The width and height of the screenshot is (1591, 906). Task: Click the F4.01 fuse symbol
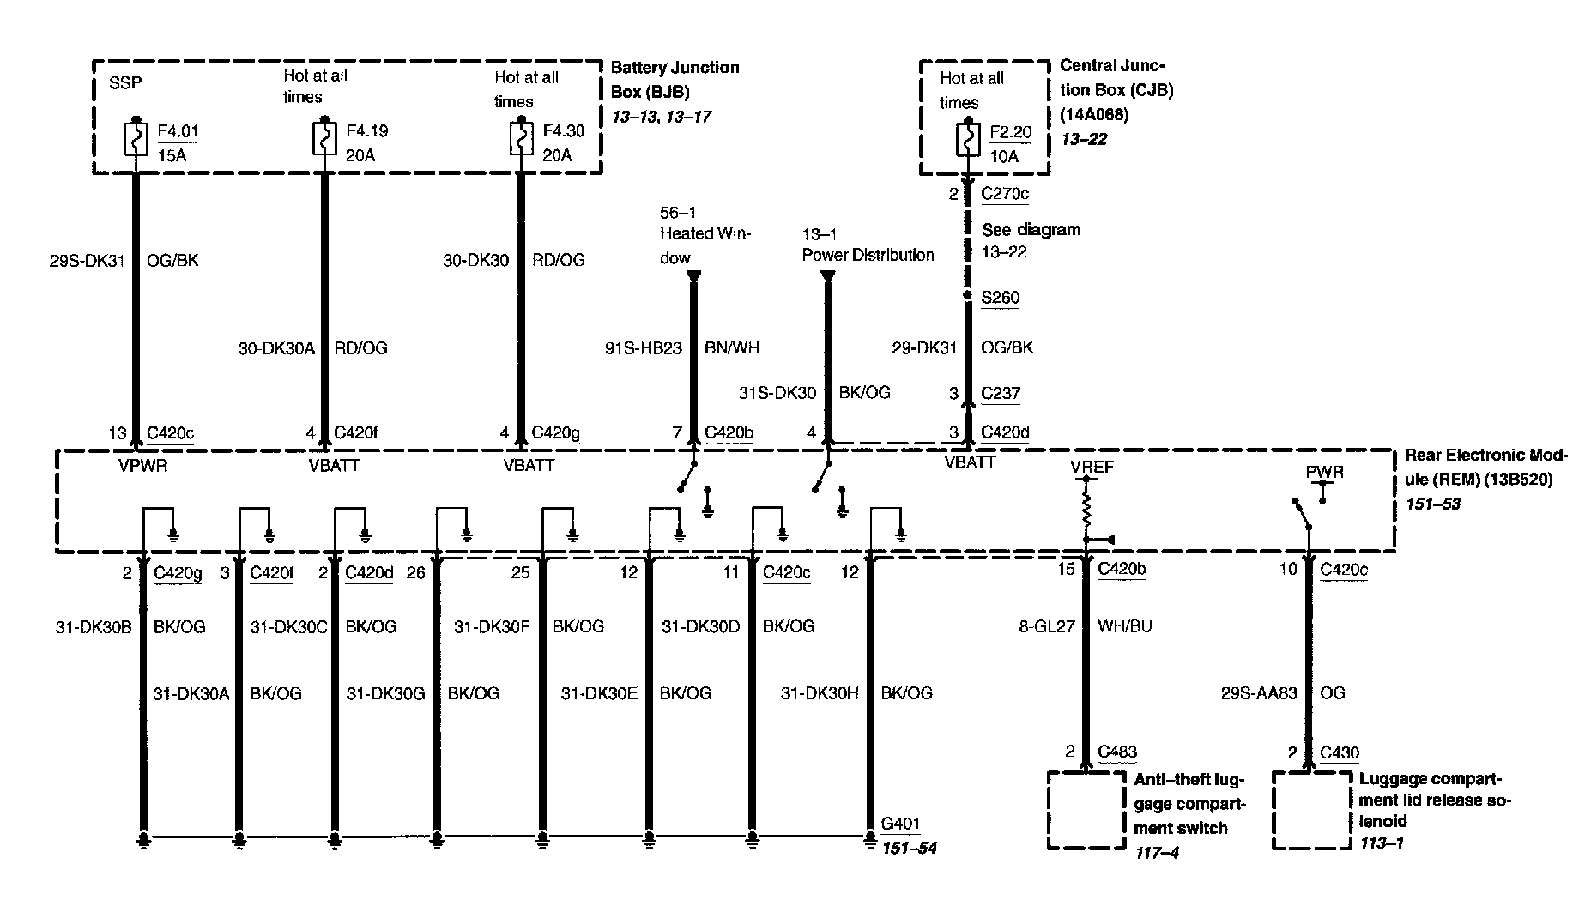coord(136,141)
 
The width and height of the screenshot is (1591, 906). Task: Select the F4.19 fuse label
coord(366,131)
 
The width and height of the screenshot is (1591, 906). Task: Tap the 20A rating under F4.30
coord(556,155)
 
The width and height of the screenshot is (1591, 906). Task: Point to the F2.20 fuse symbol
coord(968,139)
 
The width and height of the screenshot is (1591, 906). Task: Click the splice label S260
coord(1000,298)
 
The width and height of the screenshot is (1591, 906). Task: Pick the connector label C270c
coord(1004,194)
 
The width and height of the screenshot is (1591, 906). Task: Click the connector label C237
coord(1001,394)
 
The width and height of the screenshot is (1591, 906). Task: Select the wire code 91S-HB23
coord(644,348)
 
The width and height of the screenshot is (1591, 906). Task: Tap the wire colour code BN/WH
coord(732,348)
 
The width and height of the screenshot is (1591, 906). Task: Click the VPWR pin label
coord(143,466)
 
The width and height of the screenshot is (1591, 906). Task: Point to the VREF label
coord(1092,468)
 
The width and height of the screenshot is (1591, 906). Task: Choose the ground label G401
coord(900,824)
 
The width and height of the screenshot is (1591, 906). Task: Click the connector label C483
coord(1117,752)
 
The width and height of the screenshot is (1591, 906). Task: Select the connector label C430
coord(1340,753)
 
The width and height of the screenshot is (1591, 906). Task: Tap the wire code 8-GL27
coord(1047,626)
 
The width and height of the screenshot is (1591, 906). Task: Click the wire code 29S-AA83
coord(1259,693)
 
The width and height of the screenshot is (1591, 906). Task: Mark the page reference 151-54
coord(909,849)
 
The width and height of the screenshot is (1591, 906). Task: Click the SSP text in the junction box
coord(125,84)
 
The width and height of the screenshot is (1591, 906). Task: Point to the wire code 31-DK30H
coord(820,693)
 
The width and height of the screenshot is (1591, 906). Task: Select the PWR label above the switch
coord(1324,473)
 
